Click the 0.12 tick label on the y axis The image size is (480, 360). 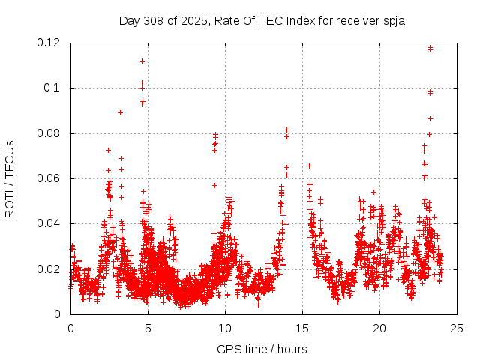pos(51,43)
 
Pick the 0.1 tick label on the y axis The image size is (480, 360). pos(55,88)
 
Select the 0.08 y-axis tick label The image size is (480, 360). pos(51,133)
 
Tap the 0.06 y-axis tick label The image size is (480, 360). pos(51,178)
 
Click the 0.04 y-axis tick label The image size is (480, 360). pos(51,223)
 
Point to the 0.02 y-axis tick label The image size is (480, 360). pos(51,268)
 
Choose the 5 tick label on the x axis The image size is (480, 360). pos(148,328)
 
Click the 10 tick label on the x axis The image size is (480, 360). pos(225,328)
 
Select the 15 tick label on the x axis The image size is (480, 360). pos(302,328)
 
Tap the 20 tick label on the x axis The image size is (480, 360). pos(379,328)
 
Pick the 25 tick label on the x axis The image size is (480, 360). pos(457,328)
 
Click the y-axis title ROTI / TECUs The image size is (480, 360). pos(10,178)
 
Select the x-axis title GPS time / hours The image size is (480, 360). pos(262,349)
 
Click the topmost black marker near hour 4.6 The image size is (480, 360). pos(142,61)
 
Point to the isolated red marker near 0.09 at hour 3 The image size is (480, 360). pos(120,112)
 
